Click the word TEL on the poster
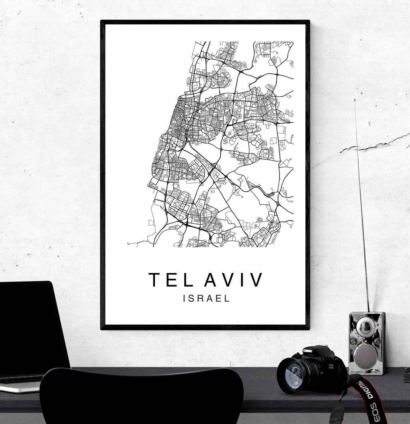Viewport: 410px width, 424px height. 169,280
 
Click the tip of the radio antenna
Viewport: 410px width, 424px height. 355,100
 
